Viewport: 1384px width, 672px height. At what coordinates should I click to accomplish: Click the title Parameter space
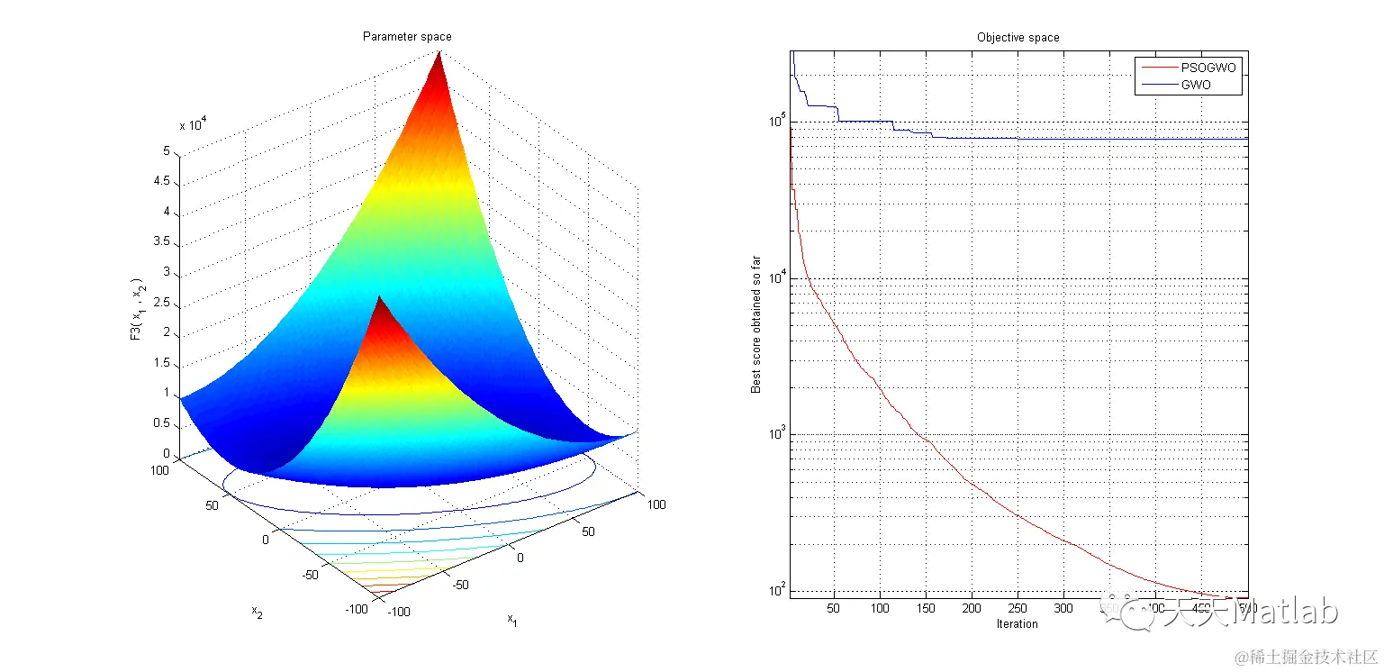407,37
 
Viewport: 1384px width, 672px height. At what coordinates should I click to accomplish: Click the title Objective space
1018,38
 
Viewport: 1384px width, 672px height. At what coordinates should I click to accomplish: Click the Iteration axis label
1017,623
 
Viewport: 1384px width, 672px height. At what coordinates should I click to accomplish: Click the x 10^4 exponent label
198,124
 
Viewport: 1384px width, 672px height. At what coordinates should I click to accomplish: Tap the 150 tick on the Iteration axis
926,608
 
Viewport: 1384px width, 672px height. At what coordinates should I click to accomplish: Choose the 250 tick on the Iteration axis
1018,608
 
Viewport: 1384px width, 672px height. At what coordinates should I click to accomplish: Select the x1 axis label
511,619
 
